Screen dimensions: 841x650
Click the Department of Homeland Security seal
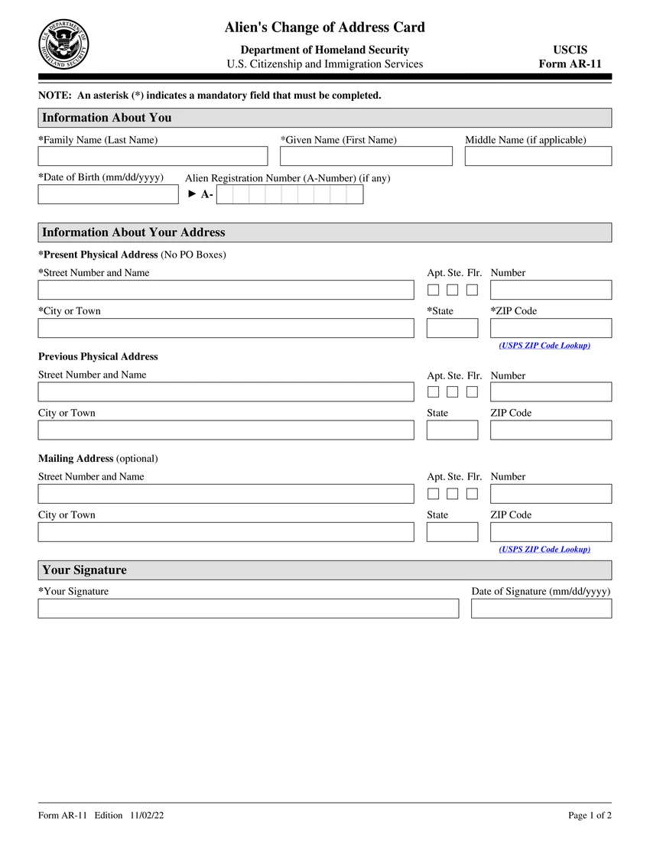click(x=63, y=44)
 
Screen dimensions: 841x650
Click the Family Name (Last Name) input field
click(x=153, y=156)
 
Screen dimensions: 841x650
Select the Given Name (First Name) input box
click(x=366, y=156)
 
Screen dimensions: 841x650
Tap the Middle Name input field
click(x=538, y=156)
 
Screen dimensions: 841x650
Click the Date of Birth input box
click(x=108, y=194)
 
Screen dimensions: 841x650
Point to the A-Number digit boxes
click(x=290, y=195)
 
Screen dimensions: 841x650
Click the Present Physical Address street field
click(x=226, y=290)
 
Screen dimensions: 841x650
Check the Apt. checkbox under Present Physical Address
click(x=434, y=290)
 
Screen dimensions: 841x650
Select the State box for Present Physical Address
click(x=452, y=328)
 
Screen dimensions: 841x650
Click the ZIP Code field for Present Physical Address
click(x=551, y=328)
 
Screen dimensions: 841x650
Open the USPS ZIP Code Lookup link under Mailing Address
click(x=544, y=550)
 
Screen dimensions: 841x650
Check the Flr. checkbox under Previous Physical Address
click(x=473, y=392)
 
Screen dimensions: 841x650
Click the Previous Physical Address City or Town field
click(x=226, y=430)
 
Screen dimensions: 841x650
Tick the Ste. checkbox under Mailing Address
click(x=453, y=494)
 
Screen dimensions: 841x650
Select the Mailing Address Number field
click(x=551, y=494)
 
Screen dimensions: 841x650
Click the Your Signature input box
click(x=249, y=609)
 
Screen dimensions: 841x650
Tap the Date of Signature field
click(x=541, y=609)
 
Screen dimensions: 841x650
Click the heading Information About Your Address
click(x=134, y=232)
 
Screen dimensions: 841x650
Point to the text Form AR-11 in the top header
click(x=570, y=64)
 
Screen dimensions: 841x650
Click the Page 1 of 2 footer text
click(x=590, y=816)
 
